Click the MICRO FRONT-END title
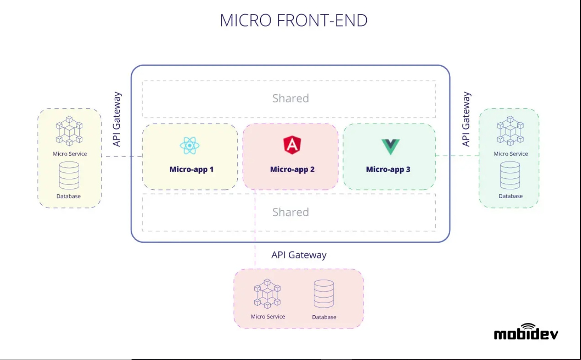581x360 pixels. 293,21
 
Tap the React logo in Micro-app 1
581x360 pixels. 190,146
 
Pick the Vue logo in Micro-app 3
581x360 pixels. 390,146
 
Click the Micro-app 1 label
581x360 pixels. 191,169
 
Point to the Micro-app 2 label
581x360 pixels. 292,169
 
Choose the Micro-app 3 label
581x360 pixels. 388,169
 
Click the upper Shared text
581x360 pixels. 290,98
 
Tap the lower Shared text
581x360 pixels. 290,212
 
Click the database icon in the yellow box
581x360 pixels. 69,175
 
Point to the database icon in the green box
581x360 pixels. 510,175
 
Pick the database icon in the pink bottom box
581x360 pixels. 323,294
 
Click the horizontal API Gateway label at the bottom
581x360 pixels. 299,255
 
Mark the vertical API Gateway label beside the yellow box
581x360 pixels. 117,119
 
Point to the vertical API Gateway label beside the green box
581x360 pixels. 466,119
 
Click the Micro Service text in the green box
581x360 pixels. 511,154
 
